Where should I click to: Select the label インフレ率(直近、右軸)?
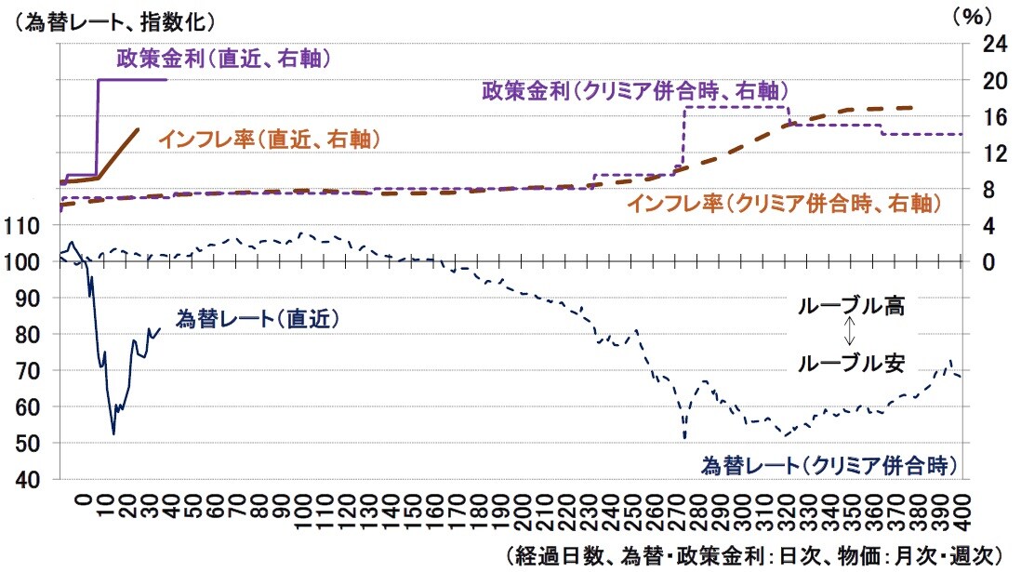(271, 140)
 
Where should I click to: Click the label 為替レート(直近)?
(257, 318)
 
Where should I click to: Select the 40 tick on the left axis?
(37, 480)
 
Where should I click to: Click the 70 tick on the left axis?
(37, 370)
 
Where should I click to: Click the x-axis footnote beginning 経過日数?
(753, 555)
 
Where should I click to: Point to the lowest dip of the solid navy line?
(113, 433)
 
